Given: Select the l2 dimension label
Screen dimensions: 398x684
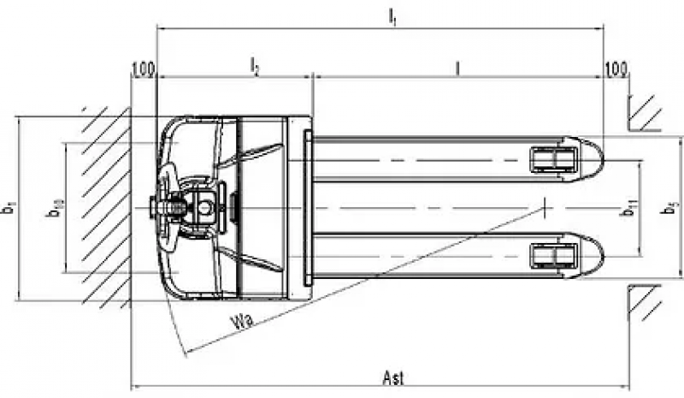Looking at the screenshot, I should point(255,65).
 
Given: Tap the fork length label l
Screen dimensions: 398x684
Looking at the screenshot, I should point(459,66).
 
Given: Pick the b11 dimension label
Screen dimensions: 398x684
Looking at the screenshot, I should point(629,207).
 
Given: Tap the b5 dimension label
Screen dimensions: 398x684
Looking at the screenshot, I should point(673,207).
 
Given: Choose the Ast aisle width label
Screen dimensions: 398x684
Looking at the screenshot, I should point(392,377).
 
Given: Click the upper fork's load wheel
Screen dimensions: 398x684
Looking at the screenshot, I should point(551,159).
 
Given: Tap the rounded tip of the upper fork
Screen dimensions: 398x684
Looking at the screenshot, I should point(594,159).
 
